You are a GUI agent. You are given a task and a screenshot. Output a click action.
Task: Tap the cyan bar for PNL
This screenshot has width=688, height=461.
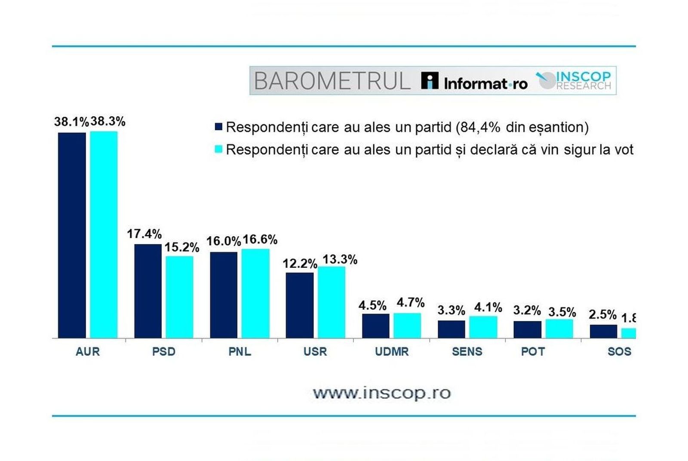coord(255,293)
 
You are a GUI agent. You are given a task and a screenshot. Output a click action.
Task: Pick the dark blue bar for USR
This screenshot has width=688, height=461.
coord(300,305)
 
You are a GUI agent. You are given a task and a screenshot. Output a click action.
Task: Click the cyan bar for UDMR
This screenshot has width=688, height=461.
coord(407,325)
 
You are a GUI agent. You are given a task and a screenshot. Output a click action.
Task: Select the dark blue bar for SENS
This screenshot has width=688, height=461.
coord(451,329)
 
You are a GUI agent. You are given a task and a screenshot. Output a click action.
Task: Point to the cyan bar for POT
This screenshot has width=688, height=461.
coord(559,328)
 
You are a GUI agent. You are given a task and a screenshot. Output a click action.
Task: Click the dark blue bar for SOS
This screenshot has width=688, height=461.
coord(603,331)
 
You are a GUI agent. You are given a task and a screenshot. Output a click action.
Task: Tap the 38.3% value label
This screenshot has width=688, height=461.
coord(108,122)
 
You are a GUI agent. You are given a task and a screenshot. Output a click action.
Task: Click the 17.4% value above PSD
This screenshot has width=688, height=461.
coord(144,234)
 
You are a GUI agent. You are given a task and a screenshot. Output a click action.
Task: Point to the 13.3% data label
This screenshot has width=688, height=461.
coord(340,260)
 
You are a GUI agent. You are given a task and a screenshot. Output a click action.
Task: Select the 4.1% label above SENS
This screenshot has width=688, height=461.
coord(488,307)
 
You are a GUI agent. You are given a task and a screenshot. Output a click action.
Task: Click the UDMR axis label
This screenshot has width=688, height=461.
coord(391,352)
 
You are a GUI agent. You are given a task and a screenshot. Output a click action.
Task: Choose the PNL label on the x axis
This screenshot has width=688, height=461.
coord(240,352)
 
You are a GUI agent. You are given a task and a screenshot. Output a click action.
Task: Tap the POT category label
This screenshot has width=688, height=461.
coord(533,352)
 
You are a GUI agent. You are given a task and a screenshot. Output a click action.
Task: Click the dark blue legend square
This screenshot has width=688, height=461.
coord(218,127)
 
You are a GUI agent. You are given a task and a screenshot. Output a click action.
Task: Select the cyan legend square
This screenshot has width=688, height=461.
coord(218,149)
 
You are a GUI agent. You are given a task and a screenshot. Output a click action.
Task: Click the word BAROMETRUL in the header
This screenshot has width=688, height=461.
coord(332,81)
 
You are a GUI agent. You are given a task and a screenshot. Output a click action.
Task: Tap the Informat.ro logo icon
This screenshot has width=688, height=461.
coord(430,80)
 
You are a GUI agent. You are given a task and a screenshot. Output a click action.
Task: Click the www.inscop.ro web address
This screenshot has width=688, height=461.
coord(381,393)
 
